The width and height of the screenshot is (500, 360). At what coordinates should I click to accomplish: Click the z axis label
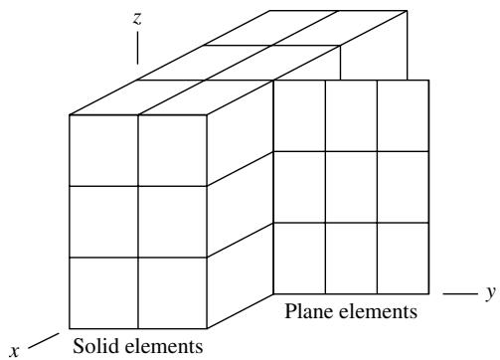(137, 19)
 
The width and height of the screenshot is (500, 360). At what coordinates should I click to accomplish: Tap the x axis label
(14, 350)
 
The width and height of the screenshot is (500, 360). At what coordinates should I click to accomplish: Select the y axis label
(491, 293)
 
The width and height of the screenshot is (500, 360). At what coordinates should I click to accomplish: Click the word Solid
(95, 346)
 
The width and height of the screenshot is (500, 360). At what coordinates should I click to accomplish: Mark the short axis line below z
(137, 48)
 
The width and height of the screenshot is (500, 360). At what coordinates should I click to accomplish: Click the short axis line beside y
(460, 293)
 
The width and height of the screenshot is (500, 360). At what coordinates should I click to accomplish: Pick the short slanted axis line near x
(44, 341)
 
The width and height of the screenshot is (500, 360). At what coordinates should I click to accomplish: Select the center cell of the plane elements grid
(351, 187)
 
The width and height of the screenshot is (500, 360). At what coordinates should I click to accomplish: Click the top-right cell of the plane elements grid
(404, 115)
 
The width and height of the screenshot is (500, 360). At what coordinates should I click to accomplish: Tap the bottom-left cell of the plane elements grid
(299, 259)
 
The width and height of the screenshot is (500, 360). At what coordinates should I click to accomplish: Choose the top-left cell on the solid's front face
(103, 150)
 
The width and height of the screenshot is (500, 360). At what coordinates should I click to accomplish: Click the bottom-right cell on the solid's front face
(172, 293)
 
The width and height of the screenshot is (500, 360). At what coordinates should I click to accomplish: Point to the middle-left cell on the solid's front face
(103, 222)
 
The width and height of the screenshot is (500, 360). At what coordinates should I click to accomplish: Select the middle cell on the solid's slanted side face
(241, 205)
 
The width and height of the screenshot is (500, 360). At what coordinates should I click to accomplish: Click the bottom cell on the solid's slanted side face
(241, 275)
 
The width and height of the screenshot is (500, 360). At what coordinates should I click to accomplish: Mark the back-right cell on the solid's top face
(339, 28)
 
